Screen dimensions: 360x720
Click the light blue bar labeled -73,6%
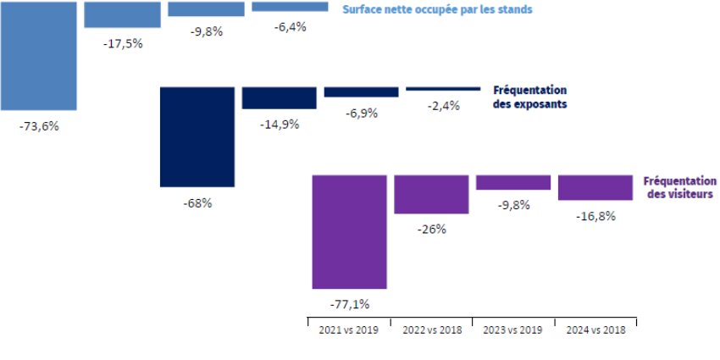pos(38,55)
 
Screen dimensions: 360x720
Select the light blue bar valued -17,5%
pos(123,14)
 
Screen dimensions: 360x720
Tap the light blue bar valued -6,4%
pos(290,7)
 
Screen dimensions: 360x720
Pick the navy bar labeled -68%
pos(197,136)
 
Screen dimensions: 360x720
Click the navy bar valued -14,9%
pos(280,97)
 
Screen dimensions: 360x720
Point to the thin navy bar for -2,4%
pos(443,89)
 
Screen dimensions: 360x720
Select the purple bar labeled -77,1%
pos(350,231)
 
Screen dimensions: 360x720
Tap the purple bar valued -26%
pos(431,194)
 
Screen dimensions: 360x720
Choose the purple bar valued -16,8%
pos(595,187)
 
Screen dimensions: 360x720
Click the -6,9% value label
pos(362,113)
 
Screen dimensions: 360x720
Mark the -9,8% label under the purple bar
pos(513,205)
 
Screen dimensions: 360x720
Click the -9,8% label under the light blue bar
pos(207,32)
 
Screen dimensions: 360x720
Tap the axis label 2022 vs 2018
pos(432,330)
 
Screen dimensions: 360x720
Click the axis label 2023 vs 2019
pos(513,330)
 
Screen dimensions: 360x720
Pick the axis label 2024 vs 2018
pos(595,330)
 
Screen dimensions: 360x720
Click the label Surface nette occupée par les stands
pos(437,9)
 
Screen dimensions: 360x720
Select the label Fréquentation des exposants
pos(529,97)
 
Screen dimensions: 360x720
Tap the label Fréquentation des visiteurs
pos(679,187)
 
